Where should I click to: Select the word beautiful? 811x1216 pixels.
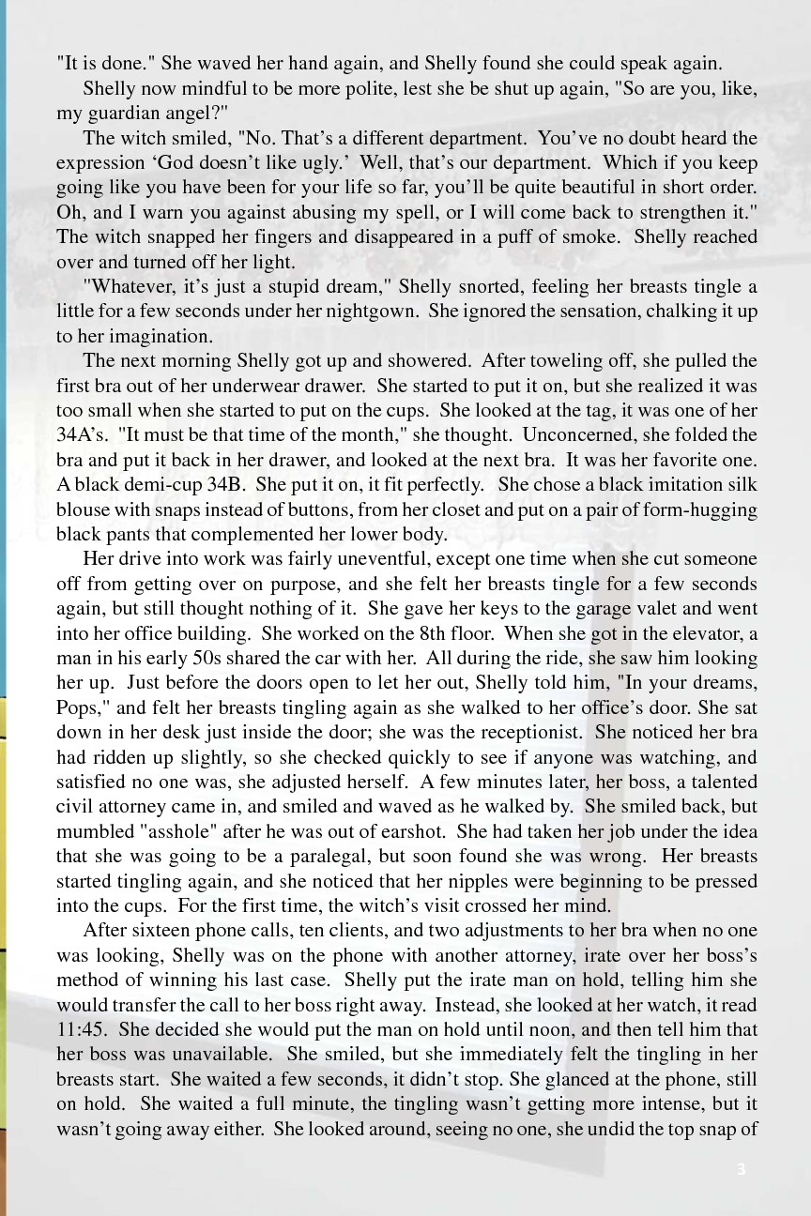pos(571,187)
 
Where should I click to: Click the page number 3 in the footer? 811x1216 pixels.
pos(741,1169)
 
